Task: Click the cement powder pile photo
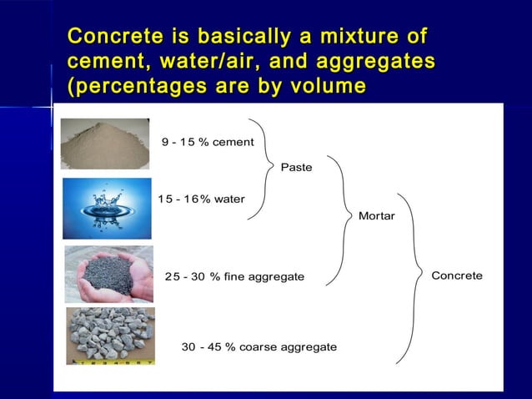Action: click(105, 144)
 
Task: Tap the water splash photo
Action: click(107, 208)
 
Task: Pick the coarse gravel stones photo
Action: click(111, 336)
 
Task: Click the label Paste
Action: click(296, 168)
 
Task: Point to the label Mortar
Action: click(376, 216)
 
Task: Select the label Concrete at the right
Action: click(456, 275)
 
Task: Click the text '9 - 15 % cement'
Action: click(208, 142)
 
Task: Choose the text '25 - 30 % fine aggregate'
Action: click(234, 276)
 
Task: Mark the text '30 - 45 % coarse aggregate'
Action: click(259, 346)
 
